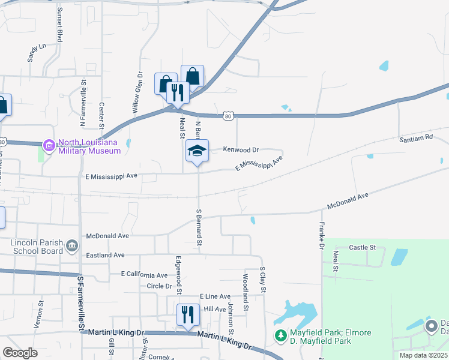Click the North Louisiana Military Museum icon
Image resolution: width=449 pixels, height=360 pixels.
tap(49, 145)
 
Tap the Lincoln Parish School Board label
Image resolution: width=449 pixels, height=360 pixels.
tap(37, 247)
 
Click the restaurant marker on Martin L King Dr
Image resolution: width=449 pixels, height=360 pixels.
tap(188, 314)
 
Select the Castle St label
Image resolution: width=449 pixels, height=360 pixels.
tap(362, 247)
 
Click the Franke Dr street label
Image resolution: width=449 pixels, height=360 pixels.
tap(321, 236)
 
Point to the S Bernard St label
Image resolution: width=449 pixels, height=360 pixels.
tap(199, 228)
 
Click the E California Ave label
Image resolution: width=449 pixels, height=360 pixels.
tap(145, 274)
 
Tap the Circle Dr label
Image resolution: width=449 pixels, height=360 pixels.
tap(159, 286)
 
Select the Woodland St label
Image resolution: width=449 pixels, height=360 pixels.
tap(246, 292)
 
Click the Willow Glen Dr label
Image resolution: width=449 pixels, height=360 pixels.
tap(137, 92)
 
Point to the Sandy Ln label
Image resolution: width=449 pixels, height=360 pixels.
tap(37, 52)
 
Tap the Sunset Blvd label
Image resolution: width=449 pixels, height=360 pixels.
tap(59, 25)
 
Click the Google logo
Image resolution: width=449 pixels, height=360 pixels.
tap(20, 353)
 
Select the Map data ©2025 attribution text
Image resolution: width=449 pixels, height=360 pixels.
tap(423, 355)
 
